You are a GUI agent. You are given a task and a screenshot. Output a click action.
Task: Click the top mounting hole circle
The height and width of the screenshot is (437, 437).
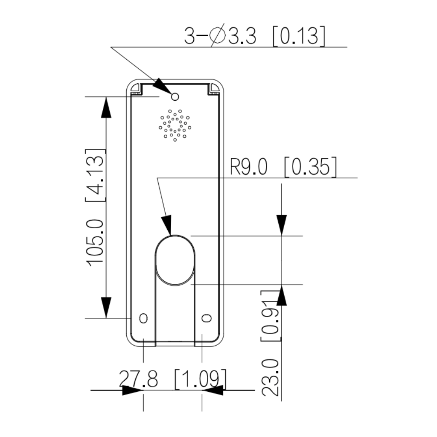[x=175, y=97]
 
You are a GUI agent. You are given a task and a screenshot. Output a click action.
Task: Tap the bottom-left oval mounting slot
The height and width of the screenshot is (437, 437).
[x=143, y=318]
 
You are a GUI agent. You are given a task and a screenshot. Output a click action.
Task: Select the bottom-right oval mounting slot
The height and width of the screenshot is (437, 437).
[x=206, y=318]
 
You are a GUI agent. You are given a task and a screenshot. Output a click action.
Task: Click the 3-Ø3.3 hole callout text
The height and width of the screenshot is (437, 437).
[x=220, y=36]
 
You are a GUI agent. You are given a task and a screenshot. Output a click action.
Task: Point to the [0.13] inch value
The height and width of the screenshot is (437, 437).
[x=299, y=36]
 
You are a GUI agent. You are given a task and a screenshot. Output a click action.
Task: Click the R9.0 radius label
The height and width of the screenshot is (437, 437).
[x=249, y=167]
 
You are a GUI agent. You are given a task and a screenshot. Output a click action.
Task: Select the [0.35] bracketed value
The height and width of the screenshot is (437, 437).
[x=311, y=167]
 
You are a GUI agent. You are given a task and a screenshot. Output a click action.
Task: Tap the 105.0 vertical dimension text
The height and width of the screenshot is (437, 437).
[x=95, y=242]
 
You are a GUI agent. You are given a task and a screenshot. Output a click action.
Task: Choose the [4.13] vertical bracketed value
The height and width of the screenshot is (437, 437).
[x=95, y=175]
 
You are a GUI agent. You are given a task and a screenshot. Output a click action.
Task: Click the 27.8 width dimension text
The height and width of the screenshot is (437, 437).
[x=139, y=379]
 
